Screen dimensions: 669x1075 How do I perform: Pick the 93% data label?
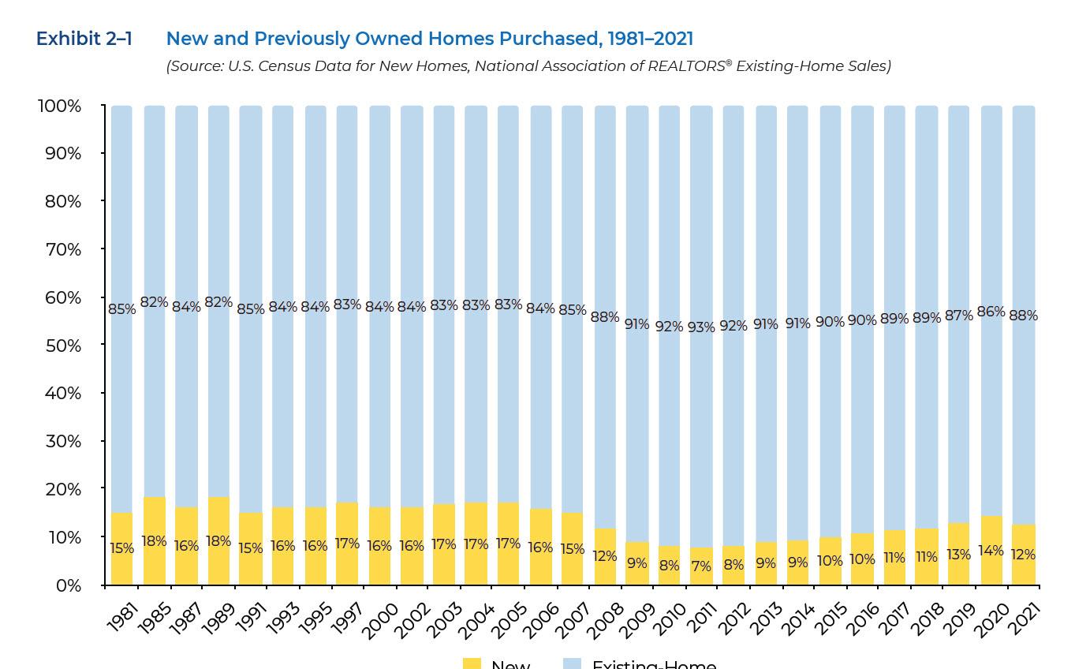click(x=701, y=327)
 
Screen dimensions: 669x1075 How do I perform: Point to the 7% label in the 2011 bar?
click(x=701, y=566)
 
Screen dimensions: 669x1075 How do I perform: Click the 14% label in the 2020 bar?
click(x=991, y=551)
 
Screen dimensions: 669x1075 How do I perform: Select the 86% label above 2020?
click(x=991, y=312)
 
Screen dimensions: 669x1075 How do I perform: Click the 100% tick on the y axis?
click(x=59, y=106)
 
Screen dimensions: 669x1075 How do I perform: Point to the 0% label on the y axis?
click(x=68, y=585)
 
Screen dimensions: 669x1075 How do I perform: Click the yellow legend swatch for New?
click(x=472, y=663)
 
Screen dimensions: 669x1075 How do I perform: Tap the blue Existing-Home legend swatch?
click(x=573, y=663)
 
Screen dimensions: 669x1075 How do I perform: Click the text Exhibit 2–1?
click(x=84, y=39)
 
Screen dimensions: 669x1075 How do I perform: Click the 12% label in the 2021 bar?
click(x=1023, y=555)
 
